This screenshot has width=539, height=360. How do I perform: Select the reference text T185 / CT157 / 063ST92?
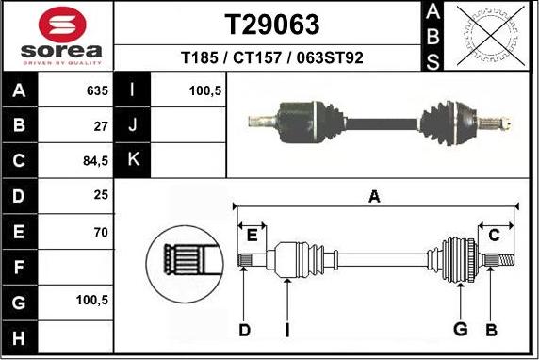[x=271, y=57]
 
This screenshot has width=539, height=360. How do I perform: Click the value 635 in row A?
[x=97, y=91]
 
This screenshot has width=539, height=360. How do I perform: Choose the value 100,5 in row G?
[x=92, y=302]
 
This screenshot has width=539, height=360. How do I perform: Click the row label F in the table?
[x=20, y=267]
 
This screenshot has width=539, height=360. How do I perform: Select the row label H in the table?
[x=20, y=336]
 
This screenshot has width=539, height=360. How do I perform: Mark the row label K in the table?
[x=133, y=160]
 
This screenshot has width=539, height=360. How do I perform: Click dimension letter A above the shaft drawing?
[x=374, y=196]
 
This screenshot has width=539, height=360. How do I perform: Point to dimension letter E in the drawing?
[x=252, y=236]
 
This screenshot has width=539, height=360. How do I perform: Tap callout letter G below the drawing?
[x=461, y=329]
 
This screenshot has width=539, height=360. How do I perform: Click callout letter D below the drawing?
[x=244, y=329]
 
